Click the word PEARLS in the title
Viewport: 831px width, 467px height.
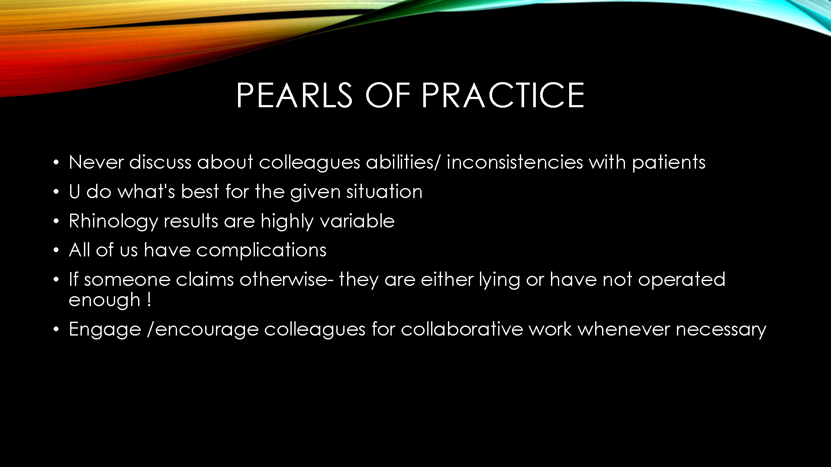(294, 95)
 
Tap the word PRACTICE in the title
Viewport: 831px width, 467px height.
(503, 95)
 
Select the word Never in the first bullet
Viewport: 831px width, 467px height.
(96, 162)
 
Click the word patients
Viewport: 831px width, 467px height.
(669, 163)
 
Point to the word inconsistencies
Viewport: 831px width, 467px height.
(515, 162)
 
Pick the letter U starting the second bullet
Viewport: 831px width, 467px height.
(74, 192)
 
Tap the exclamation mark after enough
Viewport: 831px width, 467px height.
(149, 300)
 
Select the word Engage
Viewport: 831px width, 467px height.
(105, 329)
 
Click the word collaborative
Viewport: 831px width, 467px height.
(462, 329)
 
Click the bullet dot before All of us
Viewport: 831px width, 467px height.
(56, 250)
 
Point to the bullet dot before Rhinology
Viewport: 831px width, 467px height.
(56, 221)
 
